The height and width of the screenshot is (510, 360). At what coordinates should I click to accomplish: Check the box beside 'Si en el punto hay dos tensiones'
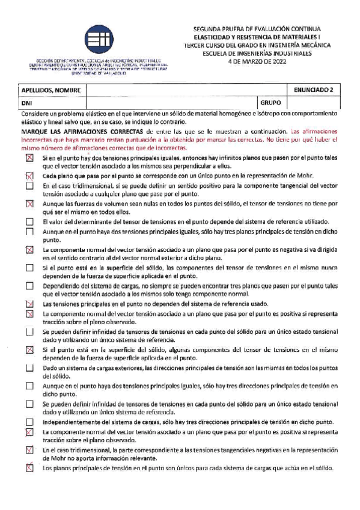coord(29,158)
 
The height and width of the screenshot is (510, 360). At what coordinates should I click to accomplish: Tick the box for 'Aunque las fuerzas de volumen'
coord(29,204)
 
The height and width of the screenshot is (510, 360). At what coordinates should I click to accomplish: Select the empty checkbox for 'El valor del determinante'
coord(29,221)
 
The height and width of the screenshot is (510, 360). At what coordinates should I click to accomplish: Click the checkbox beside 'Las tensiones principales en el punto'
coord(29,304)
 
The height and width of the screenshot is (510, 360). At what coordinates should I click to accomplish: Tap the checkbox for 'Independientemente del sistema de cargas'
coord(29,422)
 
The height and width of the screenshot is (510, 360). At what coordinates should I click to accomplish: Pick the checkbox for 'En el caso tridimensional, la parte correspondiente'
coord(29,450)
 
